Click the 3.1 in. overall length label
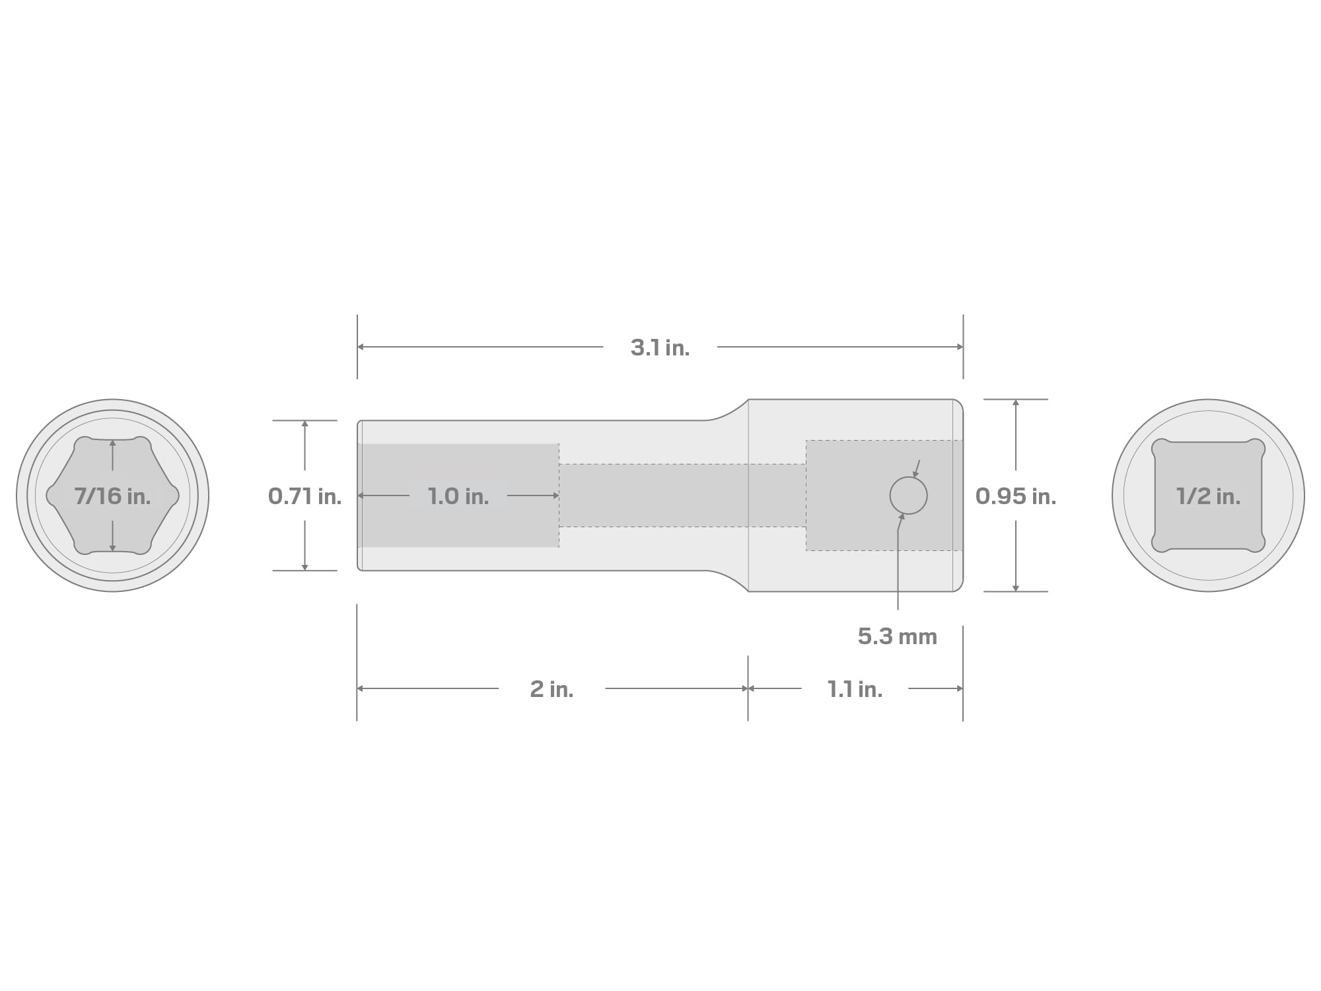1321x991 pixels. [x=660, y=348]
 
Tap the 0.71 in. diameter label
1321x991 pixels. [x=304, y=496]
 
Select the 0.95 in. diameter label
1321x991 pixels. [x=1016, y=496]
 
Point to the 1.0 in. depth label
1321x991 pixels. [x=458, y=496]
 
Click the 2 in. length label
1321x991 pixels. [x=552, y=689]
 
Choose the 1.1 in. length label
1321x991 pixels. [x=855, y=689]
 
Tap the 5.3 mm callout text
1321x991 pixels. [x=898, y=636]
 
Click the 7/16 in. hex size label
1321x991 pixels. [x=112, y=496]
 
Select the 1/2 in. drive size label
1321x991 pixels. [x=1208, y=496]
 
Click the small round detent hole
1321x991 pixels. [x=908, y=495]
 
